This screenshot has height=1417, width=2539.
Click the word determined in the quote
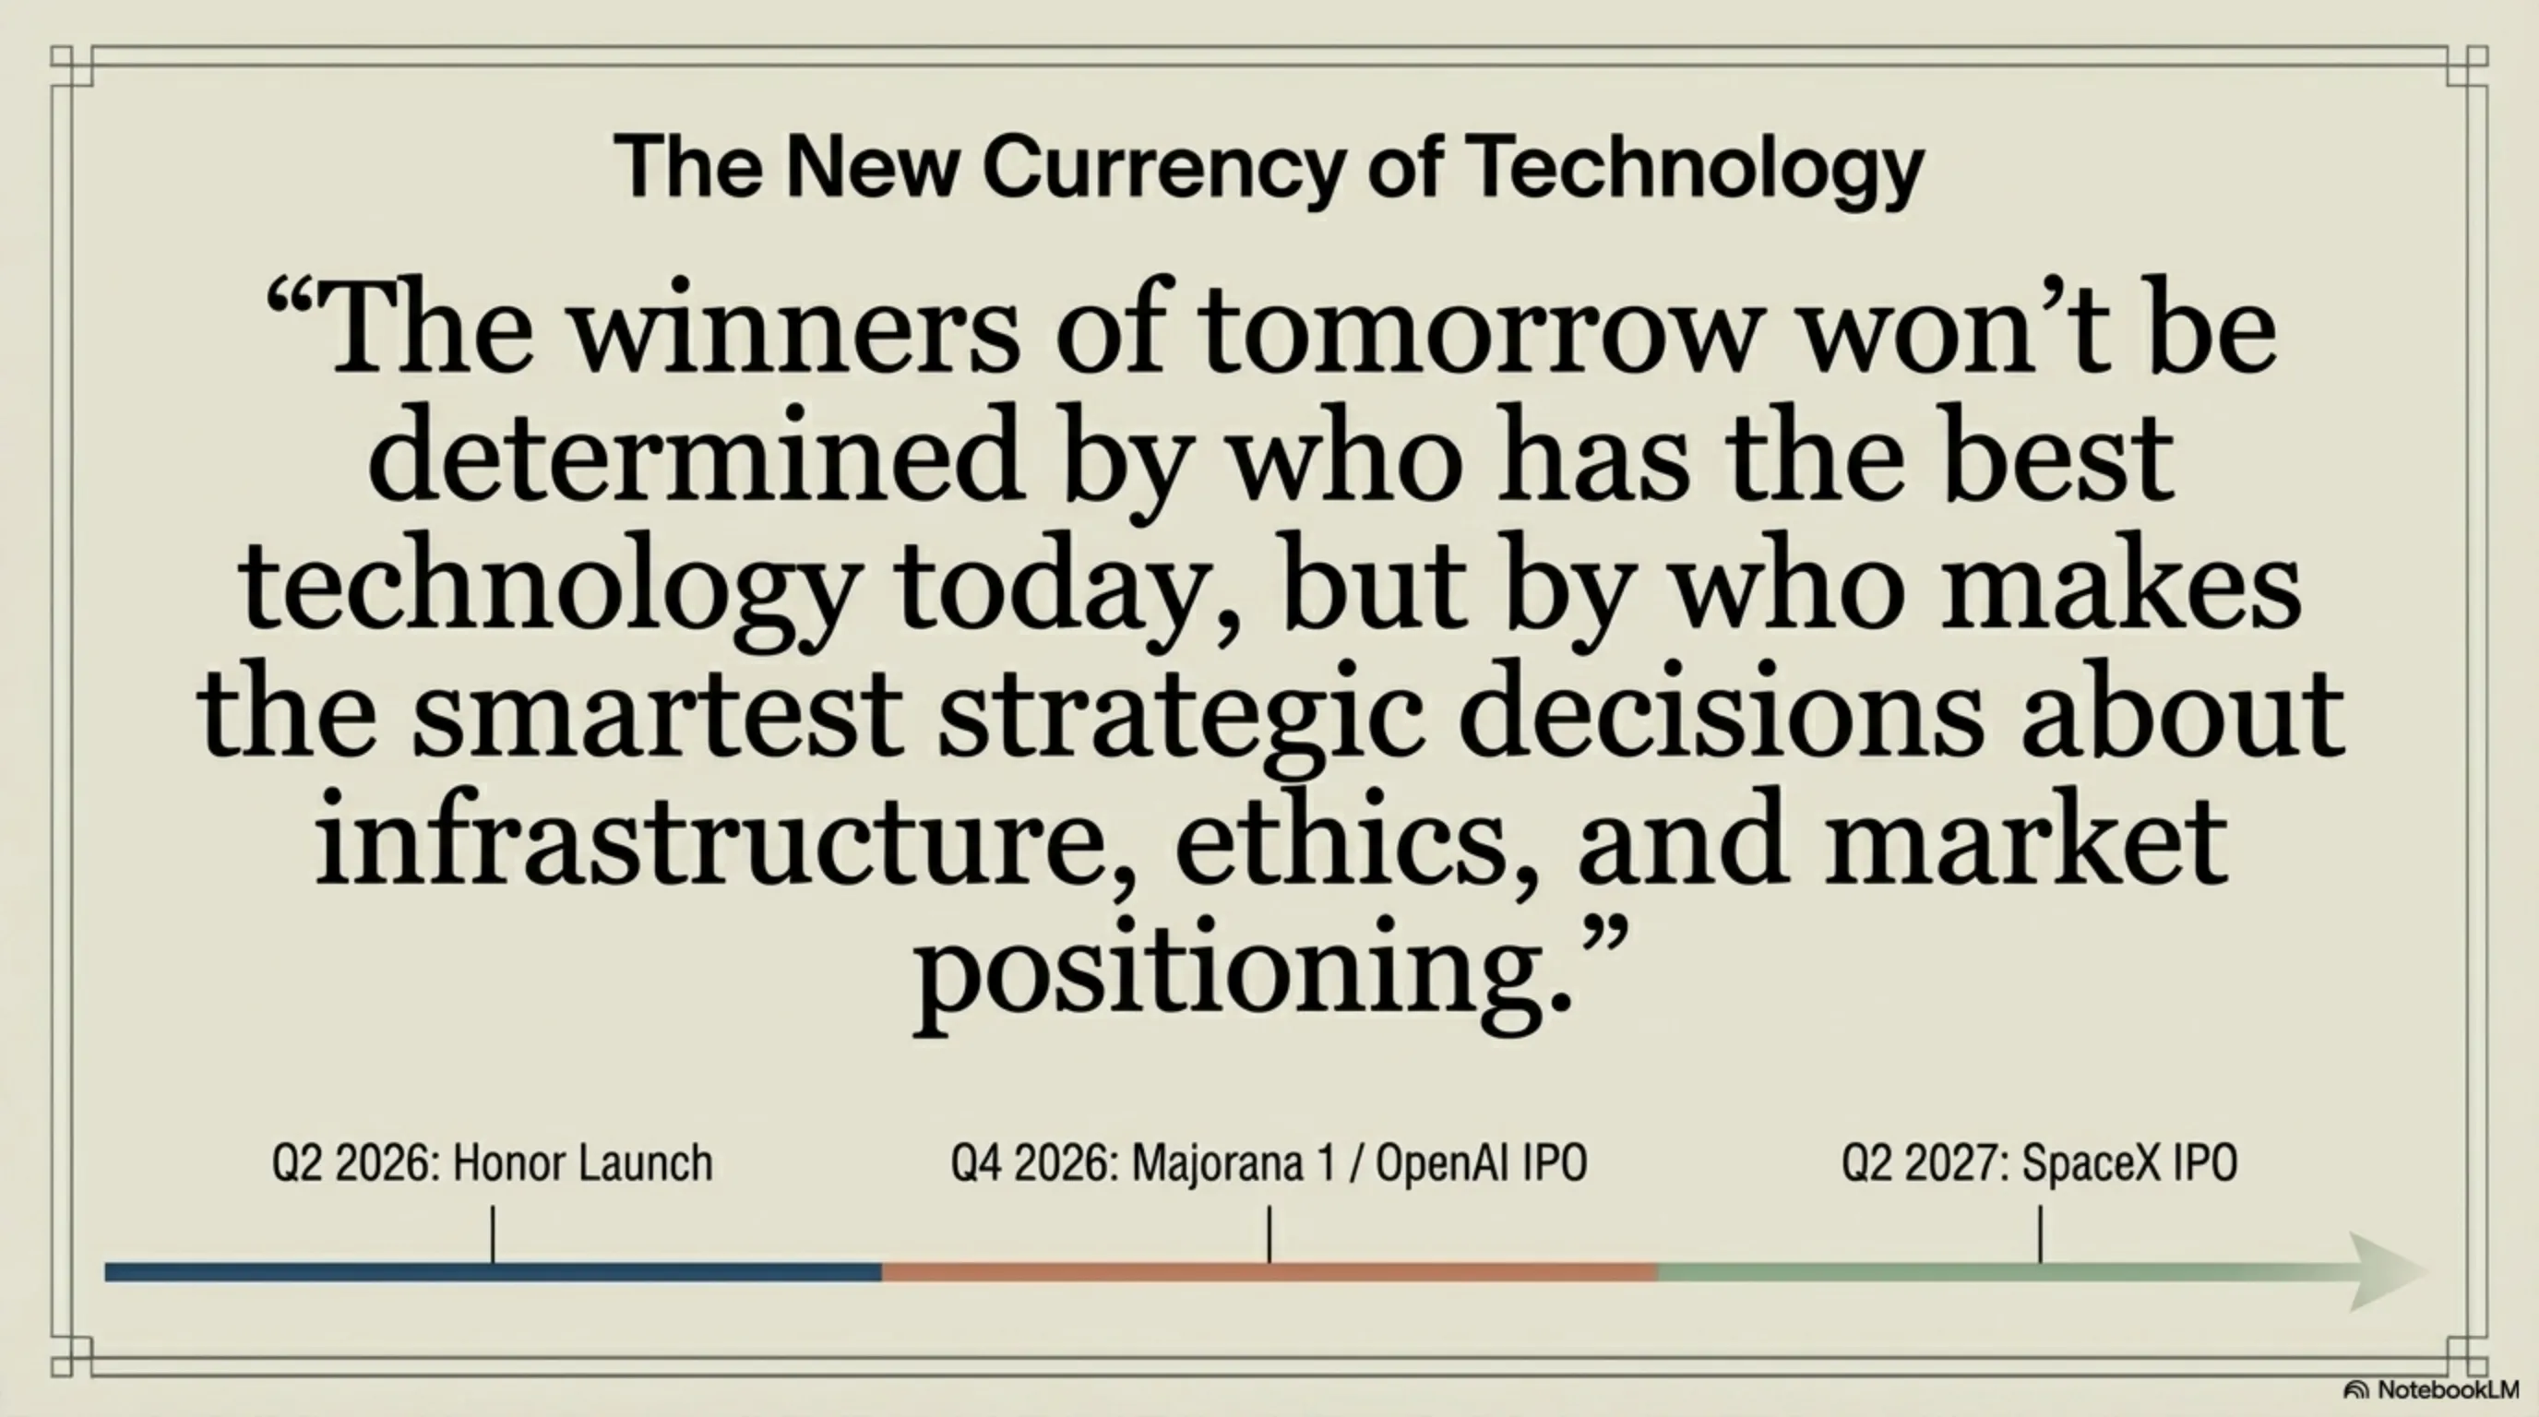(695, 458)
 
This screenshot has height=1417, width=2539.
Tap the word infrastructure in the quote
(710, 842)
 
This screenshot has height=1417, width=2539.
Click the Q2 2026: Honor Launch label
(492, 1162)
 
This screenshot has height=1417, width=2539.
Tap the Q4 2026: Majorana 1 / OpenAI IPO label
(1269, 1162)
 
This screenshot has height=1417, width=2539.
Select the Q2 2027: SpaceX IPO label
(2039, 1162)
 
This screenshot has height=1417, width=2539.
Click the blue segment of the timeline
(493, 1272)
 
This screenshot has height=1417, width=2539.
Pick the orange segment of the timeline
(1269, 1272)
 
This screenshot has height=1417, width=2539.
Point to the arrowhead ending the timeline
(2385, 1271)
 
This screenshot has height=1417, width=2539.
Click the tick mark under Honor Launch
(493, 1233)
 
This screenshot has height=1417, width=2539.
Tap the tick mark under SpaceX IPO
(2040, 1233)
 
